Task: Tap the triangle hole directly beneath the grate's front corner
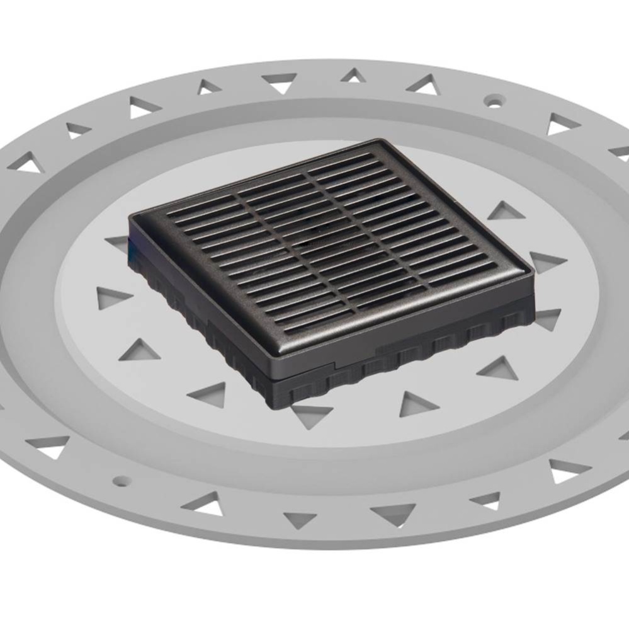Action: point(311,415)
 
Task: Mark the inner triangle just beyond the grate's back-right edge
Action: point(506,212)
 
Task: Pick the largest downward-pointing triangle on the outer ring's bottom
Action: point(394,513)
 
